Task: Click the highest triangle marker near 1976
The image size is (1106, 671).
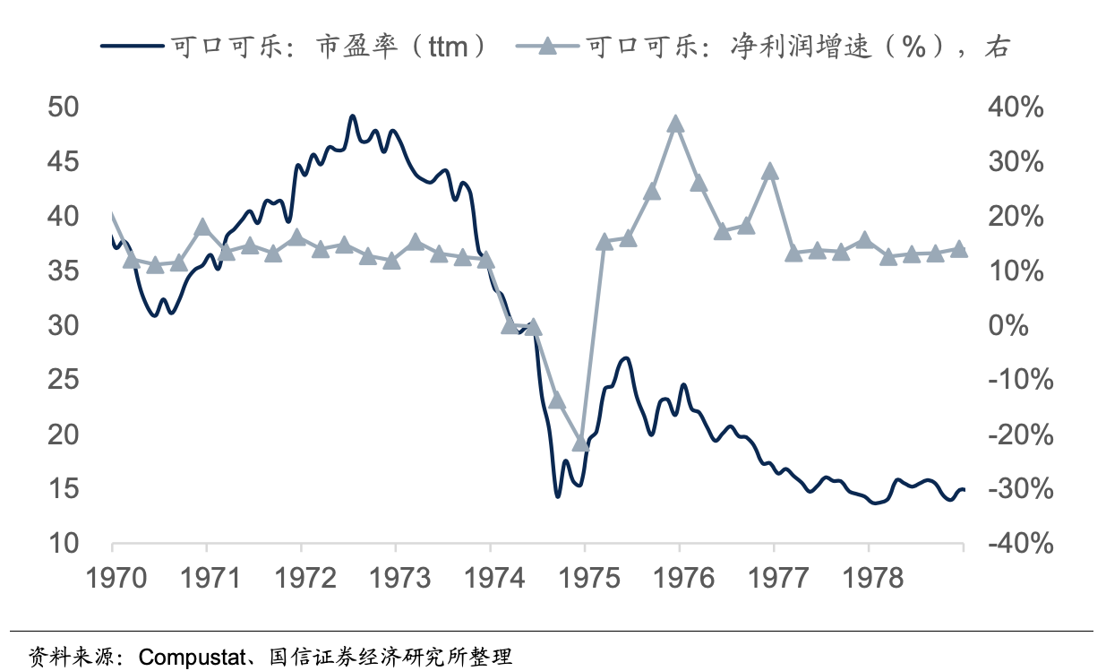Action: tap(676, 124)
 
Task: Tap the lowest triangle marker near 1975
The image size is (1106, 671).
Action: tap(580, 443)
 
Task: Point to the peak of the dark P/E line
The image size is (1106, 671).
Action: tap(352, 116)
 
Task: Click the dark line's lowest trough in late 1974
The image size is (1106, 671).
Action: tap(557, 495)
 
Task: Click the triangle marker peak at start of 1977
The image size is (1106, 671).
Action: tap(770, 172)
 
